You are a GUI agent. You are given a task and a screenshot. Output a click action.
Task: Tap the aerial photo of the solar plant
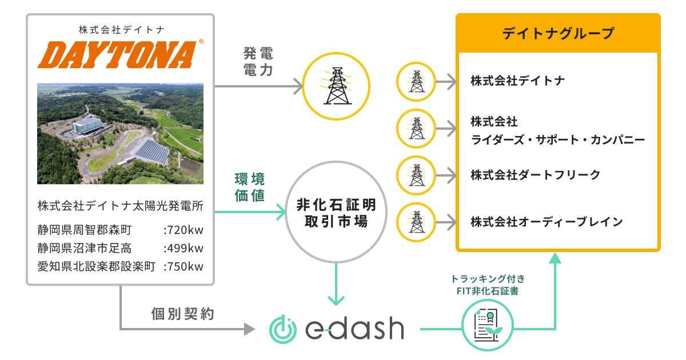coord(120,134)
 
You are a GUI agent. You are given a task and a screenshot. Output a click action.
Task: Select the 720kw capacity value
coord(184,230)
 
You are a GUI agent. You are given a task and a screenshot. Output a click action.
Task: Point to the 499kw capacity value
coord(184,249)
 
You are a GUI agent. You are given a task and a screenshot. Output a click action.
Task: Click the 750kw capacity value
coord(184,267)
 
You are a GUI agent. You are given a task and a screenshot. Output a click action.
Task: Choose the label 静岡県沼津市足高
coord(85,249)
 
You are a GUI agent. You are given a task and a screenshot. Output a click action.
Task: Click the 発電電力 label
coord(258,63)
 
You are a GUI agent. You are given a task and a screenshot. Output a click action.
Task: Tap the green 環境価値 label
coord(250,186)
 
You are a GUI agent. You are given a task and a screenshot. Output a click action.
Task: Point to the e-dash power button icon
coord(283,329)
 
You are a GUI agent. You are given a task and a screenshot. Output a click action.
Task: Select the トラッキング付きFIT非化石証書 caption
coord(488,285)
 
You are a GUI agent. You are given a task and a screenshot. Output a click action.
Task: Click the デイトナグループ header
coord(558,33)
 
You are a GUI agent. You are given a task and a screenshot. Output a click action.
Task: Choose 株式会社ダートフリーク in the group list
coord(536,175)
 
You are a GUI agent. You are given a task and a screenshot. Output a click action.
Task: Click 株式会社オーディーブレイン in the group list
coord(547,221)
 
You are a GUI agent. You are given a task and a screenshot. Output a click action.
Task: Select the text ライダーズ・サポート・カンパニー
coord(558,139)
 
